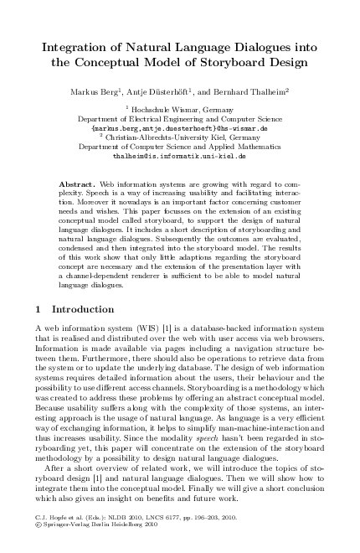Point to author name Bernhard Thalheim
(x=252, y=90)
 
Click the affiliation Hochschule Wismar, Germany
(x=183, y=110)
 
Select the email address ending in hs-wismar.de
(x=179, y=129)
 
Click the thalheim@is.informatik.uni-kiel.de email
(x=179, y=156)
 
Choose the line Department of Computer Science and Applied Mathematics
(x=179, y=147)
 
